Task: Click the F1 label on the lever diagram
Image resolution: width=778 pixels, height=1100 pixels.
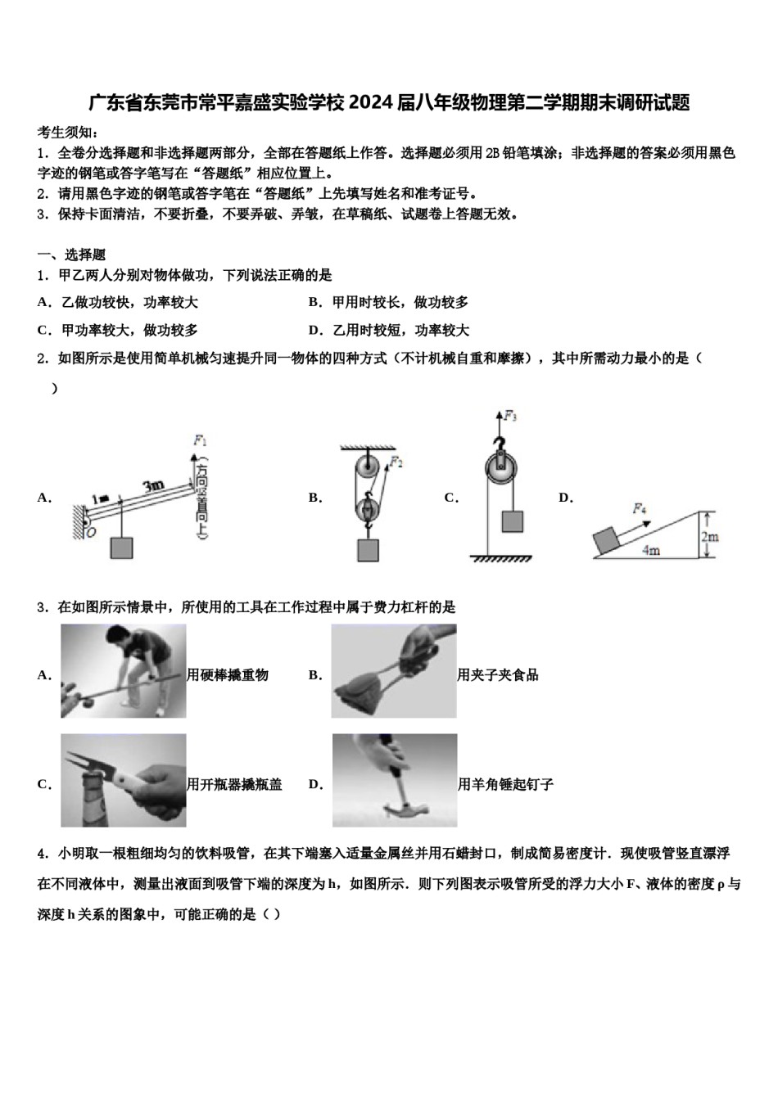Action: [x=200, y=440]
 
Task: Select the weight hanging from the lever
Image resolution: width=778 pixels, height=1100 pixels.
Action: [x=121, y=548]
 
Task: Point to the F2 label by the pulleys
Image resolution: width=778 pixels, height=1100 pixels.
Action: [x=396, y=462]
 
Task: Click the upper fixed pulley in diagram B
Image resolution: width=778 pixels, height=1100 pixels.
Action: [x=365, y=470]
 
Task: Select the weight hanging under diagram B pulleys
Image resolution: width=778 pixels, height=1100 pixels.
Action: [x=368, y=550]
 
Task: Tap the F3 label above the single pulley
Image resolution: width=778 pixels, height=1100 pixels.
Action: [x=509, y=417]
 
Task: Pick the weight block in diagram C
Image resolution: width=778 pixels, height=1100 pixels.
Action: [x=513, y=521]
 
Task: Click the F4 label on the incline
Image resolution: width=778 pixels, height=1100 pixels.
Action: [x=639, y=508]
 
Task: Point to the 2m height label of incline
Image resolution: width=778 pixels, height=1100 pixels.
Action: [x=709, y=536]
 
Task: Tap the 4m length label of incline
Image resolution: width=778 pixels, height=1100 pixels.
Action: [x=651, y=550]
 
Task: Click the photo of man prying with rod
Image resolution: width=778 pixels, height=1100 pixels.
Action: [x=124, y=671]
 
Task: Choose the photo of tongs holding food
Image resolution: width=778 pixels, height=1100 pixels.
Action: [x=394, y=671]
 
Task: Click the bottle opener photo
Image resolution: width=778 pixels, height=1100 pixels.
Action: [x=124, y=780]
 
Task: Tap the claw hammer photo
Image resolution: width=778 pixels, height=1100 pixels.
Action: [x=395, y=780]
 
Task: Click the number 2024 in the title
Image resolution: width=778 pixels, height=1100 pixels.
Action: [x=372, y=103]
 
